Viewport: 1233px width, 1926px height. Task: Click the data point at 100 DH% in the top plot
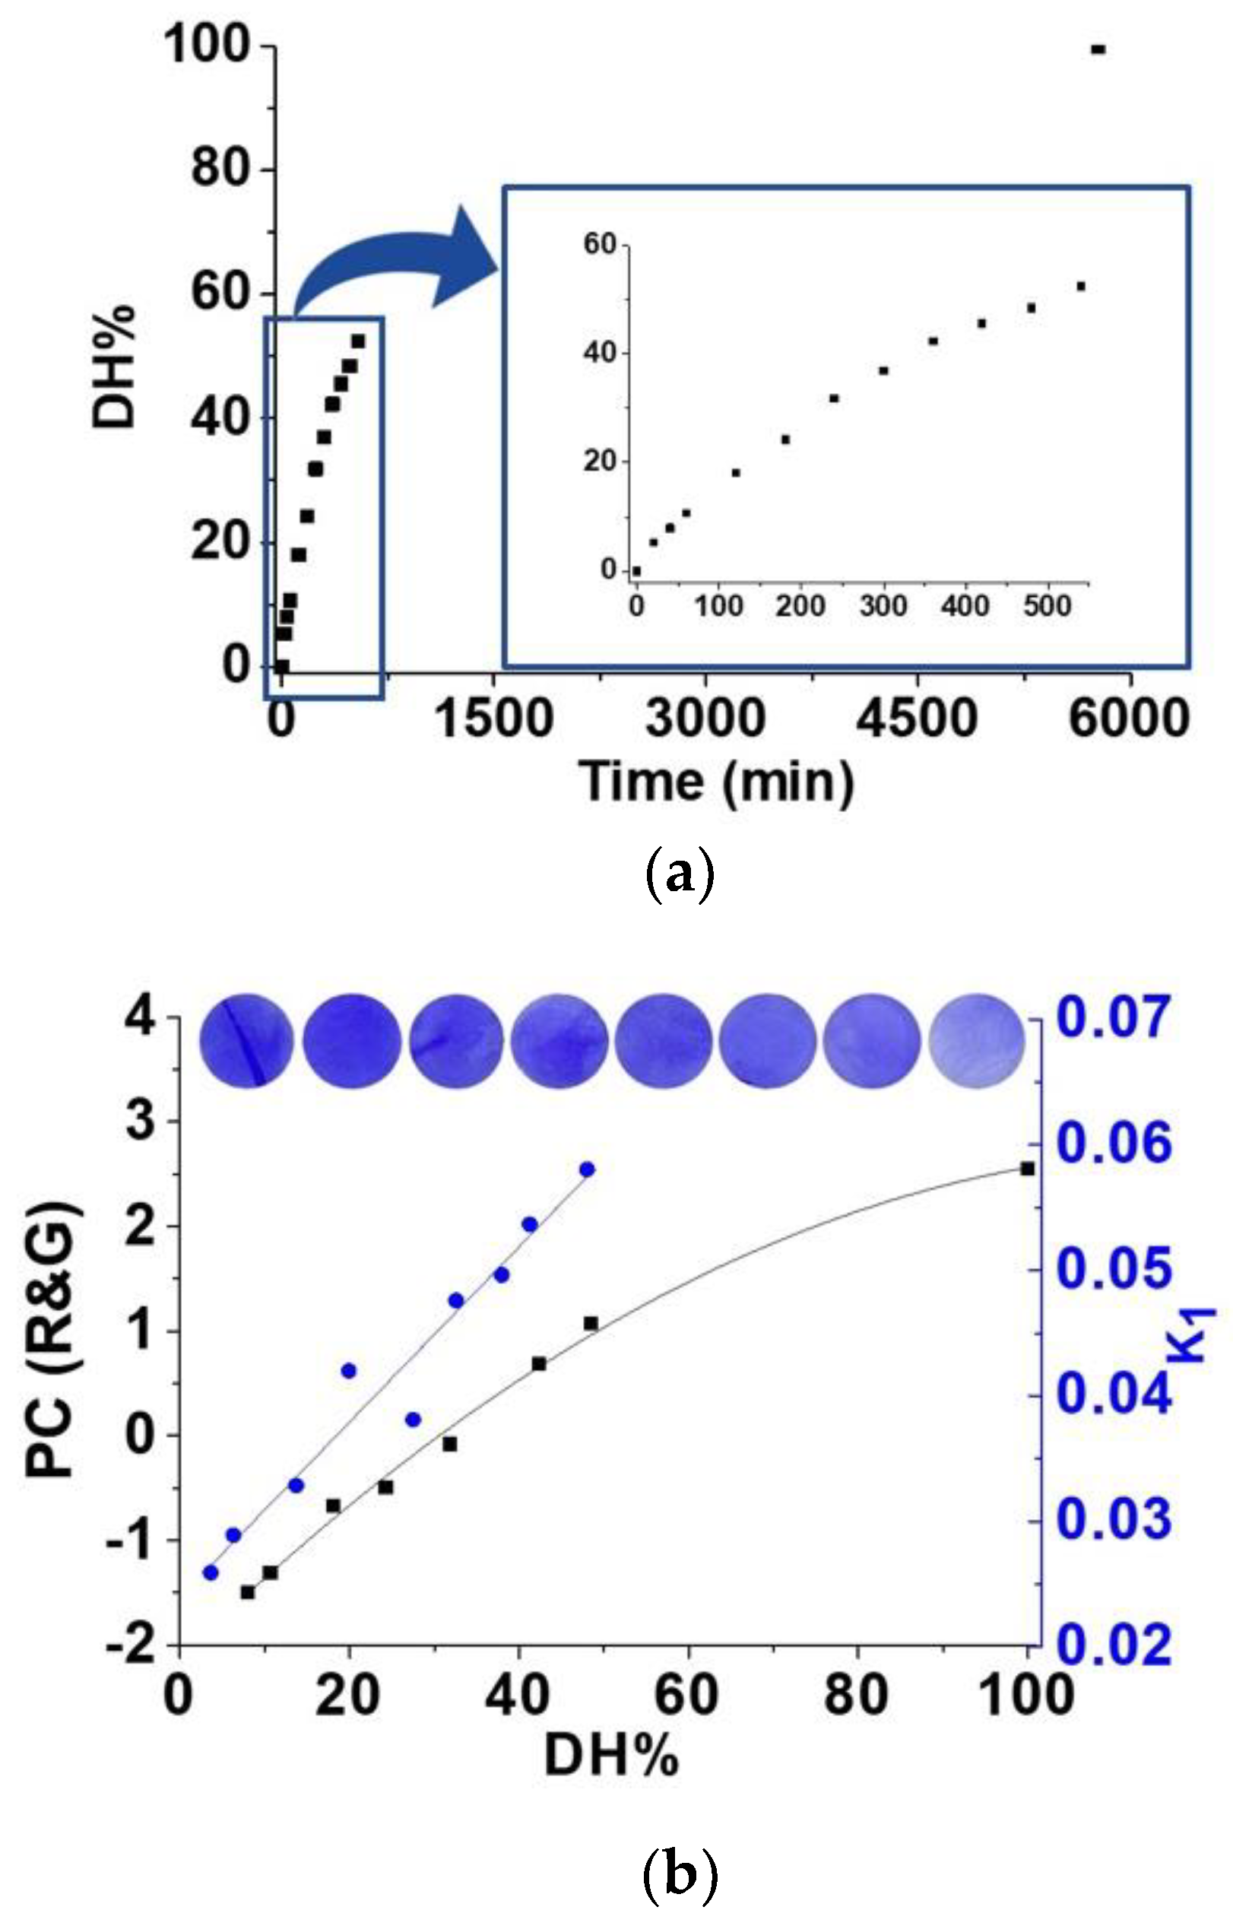(x=1098, y=49)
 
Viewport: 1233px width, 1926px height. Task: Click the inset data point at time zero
(x=636, y=571)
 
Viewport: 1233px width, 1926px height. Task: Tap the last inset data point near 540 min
(x=1081, y=286)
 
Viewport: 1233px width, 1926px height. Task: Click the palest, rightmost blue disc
(x=977, y=1042)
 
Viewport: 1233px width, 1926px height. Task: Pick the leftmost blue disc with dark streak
(x=246, y=1042)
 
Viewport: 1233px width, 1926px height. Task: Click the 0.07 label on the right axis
(x=1114, y=1019)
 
